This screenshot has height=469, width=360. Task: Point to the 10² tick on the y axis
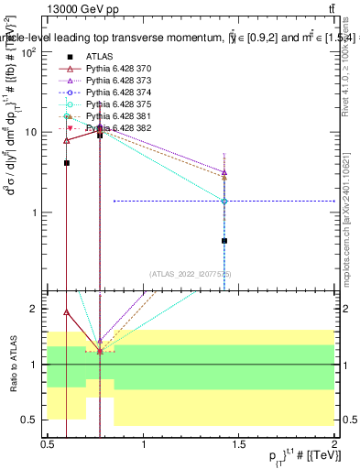click(32, 51)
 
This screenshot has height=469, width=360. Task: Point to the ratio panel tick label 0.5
click(33, 420)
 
